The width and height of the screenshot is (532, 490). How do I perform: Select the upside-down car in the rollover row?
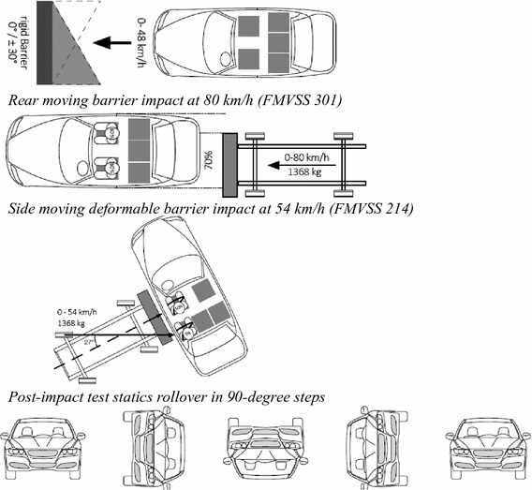coord(264,449)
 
